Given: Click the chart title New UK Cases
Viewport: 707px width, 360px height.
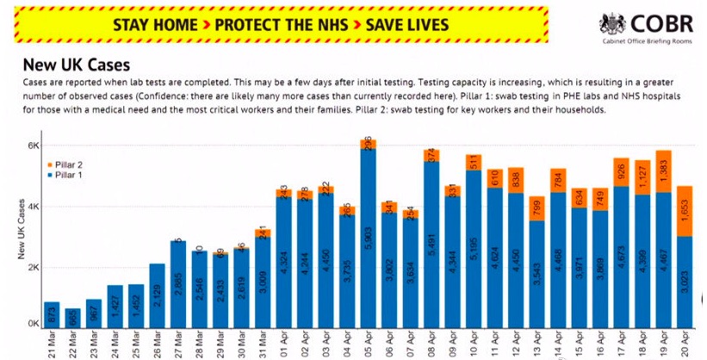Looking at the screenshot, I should click(77, 65).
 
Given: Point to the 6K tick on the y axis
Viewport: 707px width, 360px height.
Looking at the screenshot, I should click(33, 146).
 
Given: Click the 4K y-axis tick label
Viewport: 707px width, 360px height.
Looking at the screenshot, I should click(33, 207).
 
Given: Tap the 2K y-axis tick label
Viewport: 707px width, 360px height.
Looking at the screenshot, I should click(33, 267).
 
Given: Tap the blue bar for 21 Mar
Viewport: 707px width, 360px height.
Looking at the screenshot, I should click(51, 316).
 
